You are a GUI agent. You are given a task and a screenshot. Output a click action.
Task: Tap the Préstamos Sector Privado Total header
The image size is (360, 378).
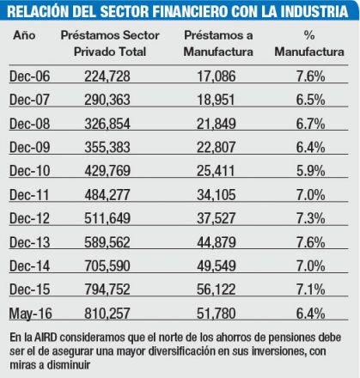pyautogui.click(x=107, y=43)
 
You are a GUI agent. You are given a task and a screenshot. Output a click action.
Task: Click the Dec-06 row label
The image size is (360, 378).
pyautogui.click(x=30, y=77)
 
